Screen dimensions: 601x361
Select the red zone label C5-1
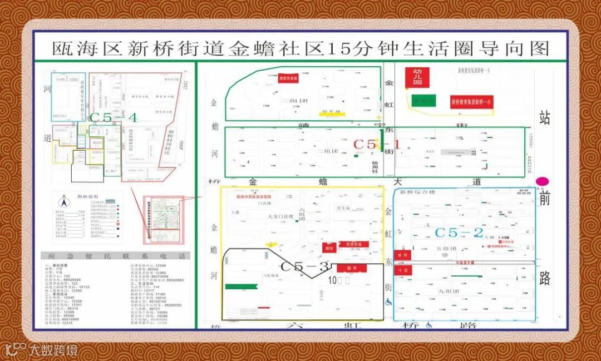(x=377, y=144)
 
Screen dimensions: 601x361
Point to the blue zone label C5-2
(x=459, y=233)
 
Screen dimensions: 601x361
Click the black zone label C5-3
(x=305, y=266)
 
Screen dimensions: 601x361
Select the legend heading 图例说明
(x=87, y=196)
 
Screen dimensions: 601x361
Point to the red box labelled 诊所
(x=403, y=254)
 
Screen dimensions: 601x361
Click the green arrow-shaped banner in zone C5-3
(x=242, y=286)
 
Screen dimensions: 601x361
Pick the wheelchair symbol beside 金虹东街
(x=388, y=302)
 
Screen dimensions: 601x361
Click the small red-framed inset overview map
(x=164, y=219)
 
